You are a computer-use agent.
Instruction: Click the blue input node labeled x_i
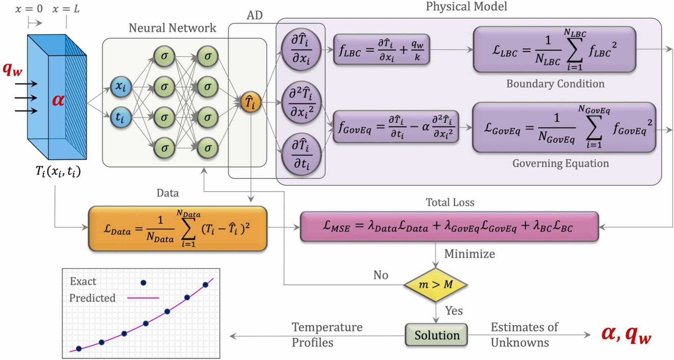(121, 87)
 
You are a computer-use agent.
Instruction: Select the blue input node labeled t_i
(121, 117)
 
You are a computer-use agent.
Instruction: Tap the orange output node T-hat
(250, 102)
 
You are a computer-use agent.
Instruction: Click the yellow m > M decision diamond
(436, 284)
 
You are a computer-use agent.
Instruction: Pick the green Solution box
(436, 335)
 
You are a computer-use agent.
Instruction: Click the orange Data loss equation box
(178, 229)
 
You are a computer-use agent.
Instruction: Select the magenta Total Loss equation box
(449, 226)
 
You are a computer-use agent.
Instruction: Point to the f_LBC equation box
(381, 50)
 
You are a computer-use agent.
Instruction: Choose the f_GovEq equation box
(396, 127)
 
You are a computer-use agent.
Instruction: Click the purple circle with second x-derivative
(301, 102)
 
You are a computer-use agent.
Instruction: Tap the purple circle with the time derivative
(301, 154)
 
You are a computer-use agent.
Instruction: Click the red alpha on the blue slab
(58, 100)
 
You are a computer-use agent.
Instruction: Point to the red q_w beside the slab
(12, 69)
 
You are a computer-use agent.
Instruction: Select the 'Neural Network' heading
(172, 28)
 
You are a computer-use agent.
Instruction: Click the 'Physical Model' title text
(466, 7)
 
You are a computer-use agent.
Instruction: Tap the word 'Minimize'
(469, 254)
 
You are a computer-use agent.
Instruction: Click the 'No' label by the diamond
(381, 275)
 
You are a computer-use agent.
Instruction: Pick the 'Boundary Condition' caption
(555, 84)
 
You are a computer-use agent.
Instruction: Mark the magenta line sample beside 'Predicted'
(143, 298)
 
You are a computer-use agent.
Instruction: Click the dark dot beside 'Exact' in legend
(143, 282)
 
